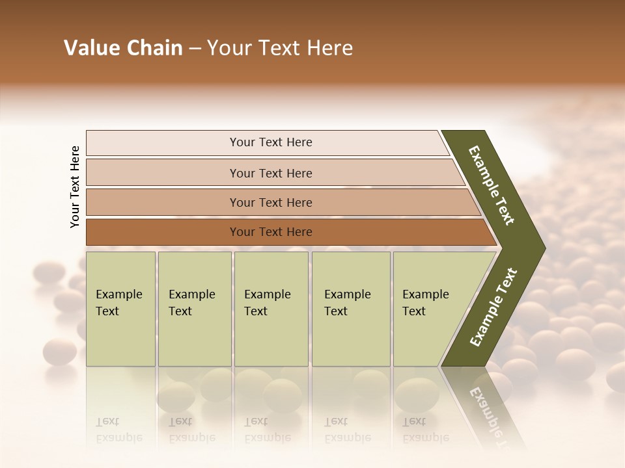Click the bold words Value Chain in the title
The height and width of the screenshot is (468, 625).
[123, 48]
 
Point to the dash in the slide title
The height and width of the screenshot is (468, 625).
[195, 49]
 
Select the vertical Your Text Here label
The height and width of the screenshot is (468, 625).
[75, 187]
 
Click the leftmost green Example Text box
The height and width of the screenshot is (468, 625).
[120, 309]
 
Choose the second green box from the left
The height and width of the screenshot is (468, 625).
[195, 309]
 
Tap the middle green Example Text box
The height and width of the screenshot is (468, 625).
[271, 309]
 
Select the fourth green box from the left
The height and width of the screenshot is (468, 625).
[351, 309]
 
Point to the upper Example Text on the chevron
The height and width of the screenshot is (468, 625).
[492, 185]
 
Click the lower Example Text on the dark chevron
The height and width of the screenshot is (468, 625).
[493, 307]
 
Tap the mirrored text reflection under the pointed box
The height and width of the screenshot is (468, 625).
[425, 430]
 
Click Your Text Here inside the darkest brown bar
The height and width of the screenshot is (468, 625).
[271, 232]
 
